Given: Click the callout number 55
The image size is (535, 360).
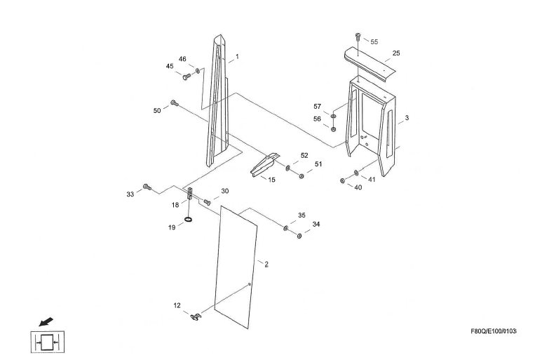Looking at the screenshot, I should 374,42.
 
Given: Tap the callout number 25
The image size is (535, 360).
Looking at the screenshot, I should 396,53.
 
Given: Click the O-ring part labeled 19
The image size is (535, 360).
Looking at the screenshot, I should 189,220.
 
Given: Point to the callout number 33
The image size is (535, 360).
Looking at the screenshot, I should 130,194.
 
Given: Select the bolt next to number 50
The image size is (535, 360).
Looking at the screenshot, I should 175,104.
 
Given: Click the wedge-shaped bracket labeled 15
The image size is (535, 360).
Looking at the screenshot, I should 266,166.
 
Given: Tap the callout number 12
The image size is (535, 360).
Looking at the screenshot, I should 177,305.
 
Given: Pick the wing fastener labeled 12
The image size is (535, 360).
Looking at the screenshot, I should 195,317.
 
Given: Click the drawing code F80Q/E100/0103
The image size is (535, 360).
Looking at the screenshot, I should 494,331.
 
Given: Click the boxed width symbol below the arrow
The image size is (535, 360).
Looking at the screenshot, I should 48,343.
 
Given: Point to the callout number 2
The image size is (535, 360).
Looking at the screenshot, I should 266,265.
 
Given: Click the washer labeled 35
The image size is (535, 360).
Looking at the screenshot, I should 286,228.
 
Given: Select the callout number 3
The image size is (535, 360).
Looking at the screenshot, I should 407,118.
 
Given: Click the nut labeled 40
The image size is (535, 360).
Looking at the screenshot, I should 342,180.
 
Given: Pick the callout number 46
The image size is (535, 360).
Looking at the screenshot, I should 182,60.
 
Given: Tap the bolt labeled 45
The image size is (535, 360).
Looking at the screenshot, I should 186,78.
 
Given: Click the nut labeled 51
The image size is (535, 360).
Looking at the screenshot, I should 302,175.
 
